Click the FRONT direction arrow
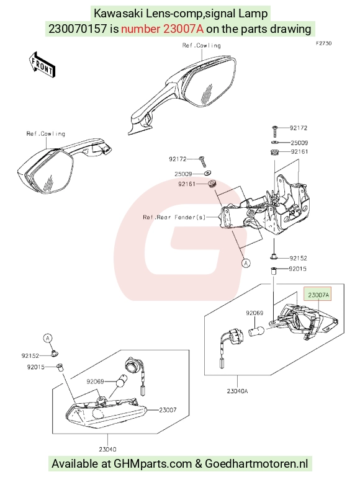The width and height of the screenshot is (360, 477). [x=42, y=65]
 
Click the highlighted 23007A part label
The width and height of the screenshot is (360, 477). [x=318, y=295]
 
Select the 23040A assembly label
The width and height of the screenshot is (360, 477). [x=237, y=391]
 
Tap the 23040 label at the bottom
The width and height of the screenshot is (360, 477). [x=107, y=449]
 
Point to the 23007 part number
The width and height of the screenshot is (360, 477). [x=168, y=410]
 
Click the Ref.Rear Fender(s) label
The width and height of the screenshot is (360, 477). [x=174, y=217]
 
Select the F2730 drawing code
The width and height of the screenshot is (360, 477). [x=323, y=43]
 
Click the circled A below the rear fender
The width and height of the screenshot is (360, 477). [x=246, y=262]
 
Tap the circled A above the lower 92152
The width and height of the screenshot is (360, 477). [x=47, y=338]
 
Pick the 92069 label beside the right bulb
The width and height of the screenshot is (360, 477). [x=254, y=313]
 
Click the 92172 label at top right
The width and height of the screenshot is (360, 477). [x=299, y=128]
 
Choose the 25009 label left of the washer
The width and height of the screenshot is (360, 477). [x=183, y=174]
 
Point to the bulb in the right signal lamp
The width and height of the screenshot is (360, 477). [x=256, y=331]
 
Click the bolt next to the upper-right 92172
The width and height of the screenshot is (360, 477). [x=275, y=131]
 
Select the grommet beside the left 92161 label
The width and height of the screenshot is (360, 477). [x=211, y=184]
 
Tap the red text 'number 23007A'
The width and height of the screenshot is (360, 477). [x=162, y=29]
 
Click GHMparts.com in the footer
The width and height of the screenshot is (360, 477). [x=153, y=463]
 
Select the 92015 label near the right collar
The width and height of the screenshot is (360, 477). [x=297, y=269]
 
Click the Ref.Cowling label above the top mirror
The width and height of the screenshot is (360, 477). [x=201, y=45]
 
